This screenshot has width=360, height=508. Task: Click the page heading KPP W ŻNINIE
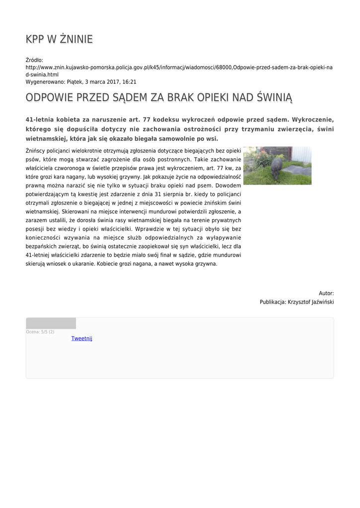coord(59,39)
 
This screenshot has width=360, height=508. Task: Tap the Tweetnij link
coord(82,338)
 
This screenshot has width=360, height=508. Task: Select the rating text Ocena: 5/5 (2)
coord(40,332)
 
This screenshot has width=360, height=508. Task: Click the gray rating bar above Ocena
coord(51,323)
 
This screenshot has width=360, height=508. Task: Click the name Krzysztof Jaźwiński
coord(311,302)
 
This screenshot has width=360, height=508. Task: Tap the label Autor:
coord(326,293)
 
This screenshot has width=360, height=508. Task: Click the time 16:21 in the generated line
coord(130,82)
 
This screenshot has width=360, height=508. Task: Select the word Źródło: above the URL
coord(35,60)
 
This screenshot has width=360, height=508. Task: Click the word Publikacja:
coord(273,302)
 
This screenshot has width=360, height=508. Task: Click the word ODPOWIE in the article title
coord(49,98)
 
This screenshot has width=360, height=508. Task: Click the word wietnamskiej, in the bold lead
coord(47,139)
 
